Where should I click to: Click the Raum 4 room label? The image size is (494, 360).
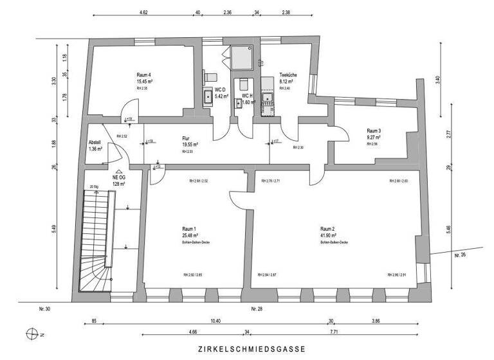pos(143,75)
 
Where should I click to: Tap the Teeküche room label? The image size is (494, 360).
pos(288,75)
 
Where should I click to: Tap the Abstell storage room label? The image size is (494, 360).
pos(95,143)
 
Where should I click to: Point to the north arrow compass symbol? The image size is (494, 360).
pos(29,334)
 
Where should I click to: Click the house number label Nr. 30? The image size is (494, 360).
pos(44,309)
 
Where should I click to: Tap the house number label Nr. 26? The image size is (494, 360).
pos(459,256)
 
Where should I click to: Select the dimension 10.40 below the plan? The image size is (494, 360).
pos(214,321)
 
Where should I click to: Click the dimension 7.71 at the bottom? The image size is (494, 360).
pos(334,332)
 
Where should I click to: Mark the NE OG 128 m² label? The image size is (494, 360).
pos(118,181)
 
